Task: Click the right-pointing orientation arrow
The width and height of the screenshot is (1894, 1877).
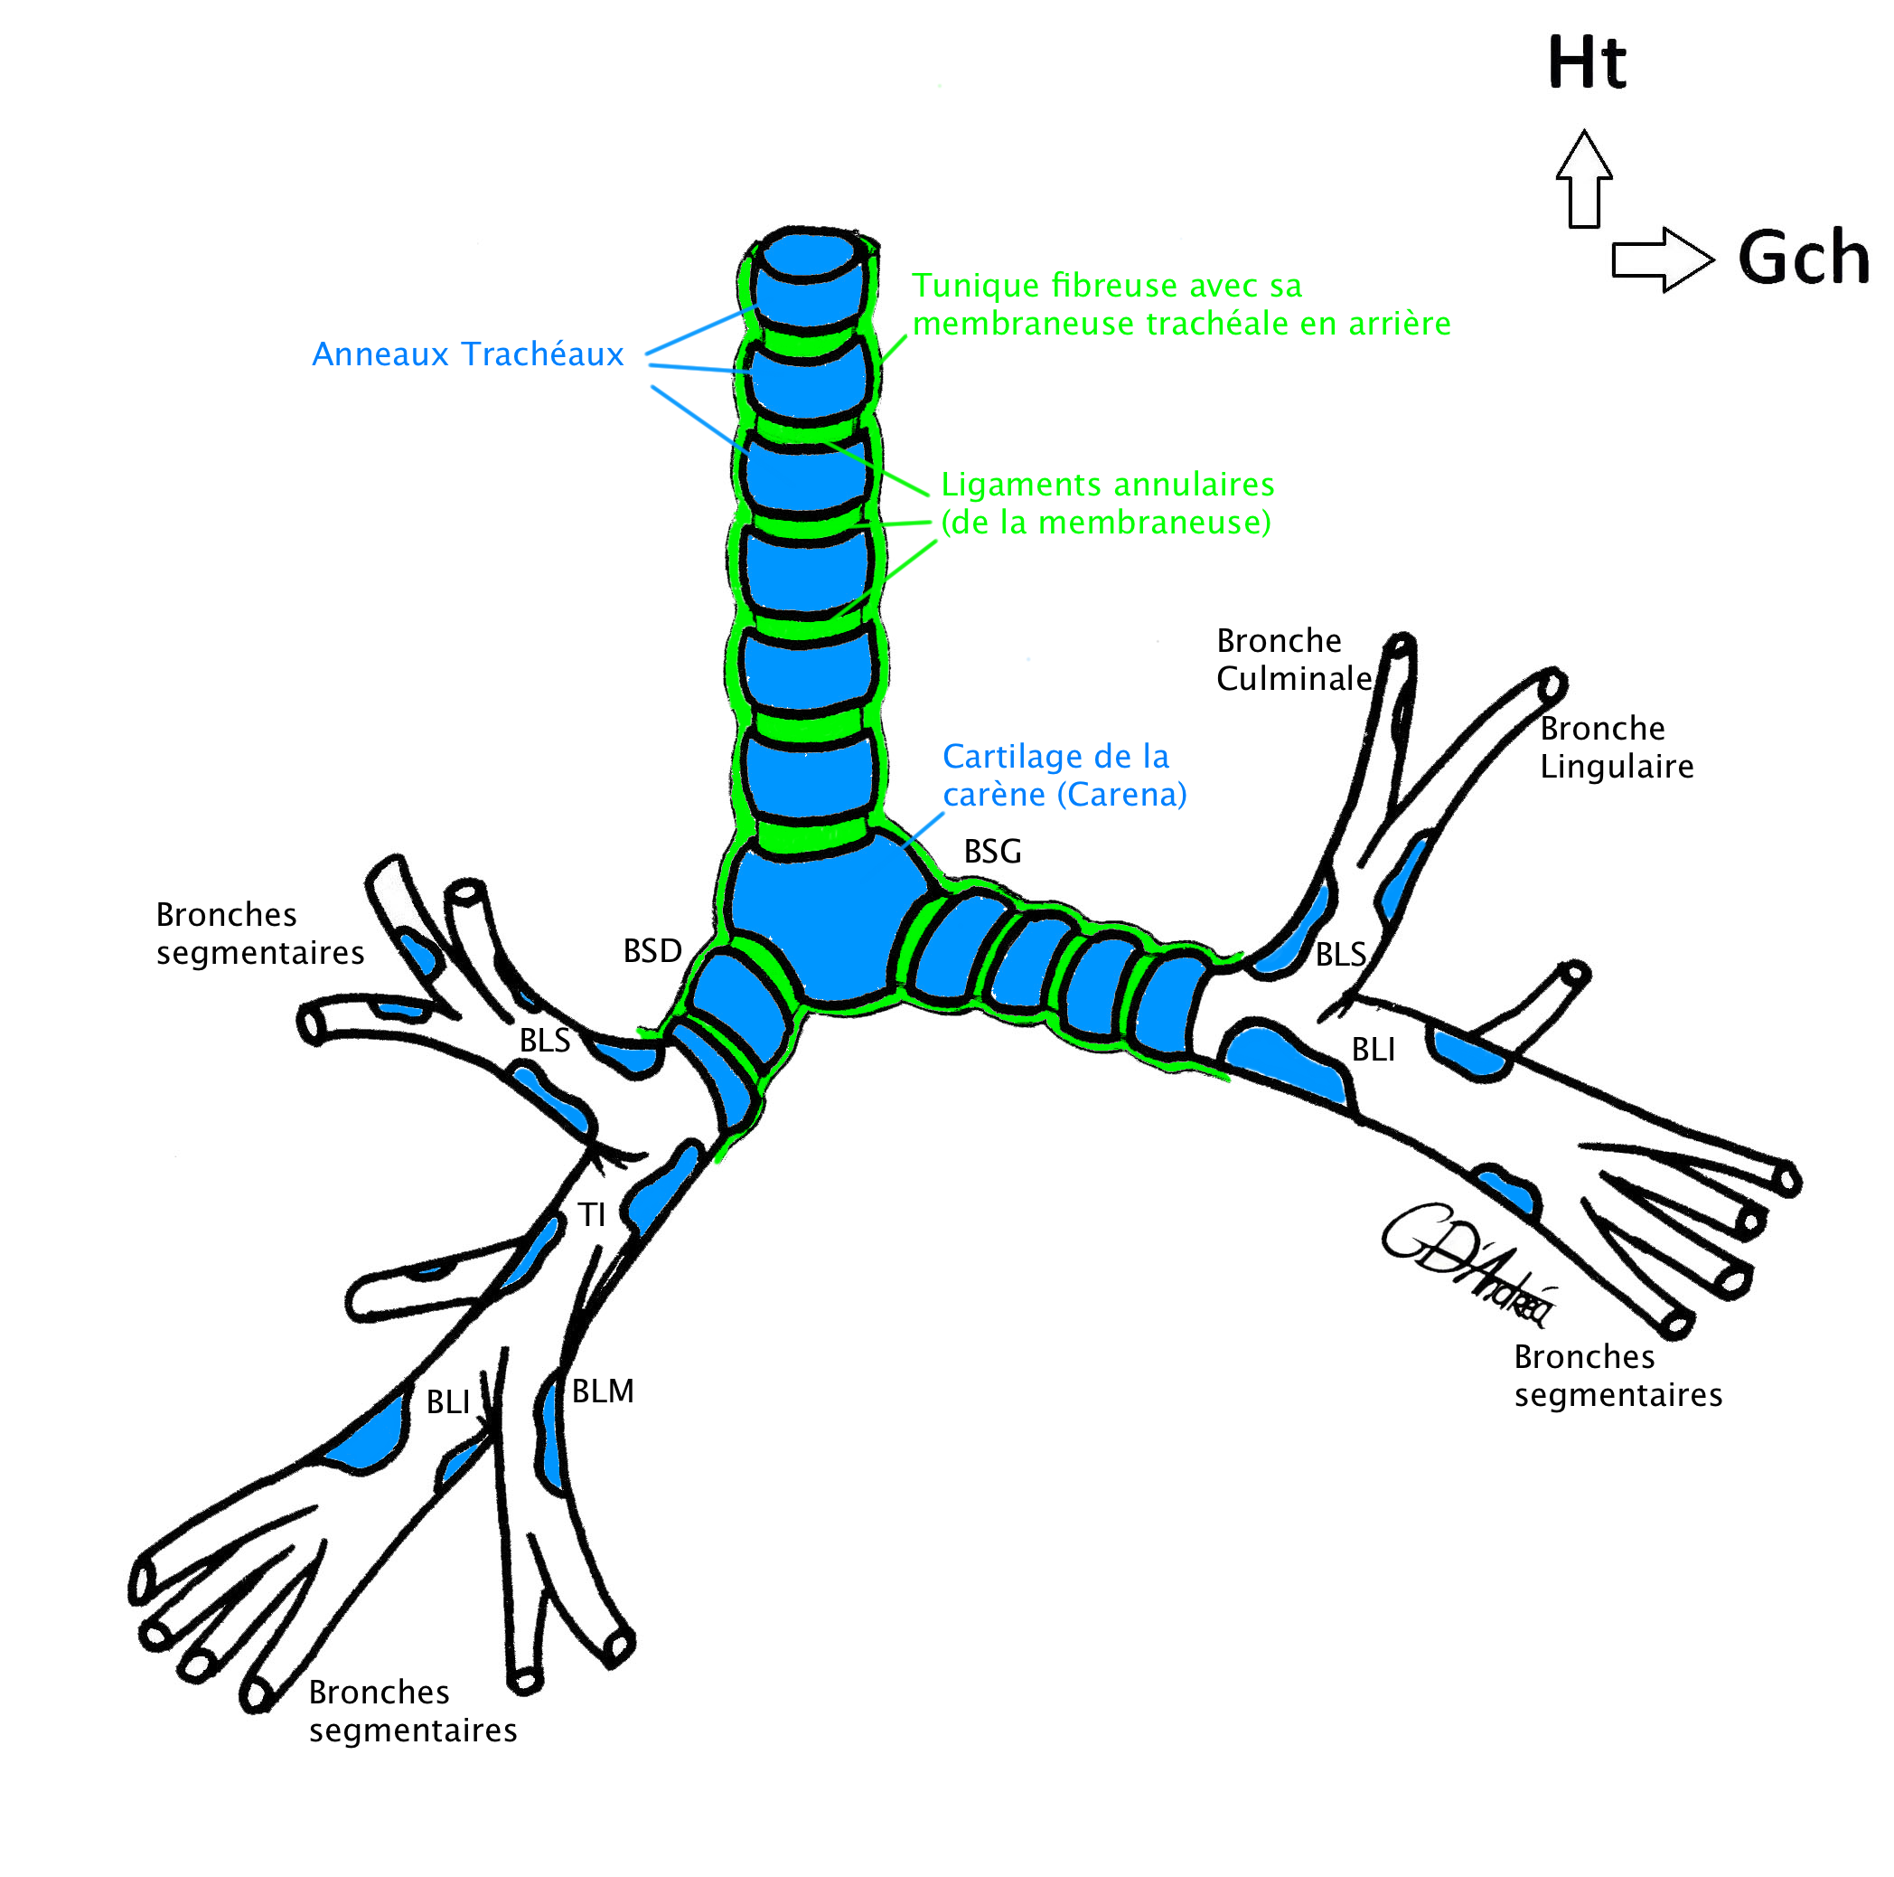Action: coord(1662,259)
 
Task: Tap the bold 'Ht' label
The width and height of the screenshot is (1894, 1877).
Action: coord(1586,62)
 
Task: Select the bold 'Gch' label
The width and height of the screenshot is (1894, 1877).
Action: coord(1803,259)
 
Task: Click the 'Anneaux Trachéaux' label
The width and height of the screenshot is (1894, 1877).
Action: coord(467,354)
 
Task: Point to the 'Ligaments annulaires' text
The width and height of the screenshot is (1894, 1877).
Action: coord(1107,485)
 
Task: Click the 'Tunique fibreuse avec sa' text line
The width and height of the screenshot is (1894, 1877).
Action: coord(1107,286)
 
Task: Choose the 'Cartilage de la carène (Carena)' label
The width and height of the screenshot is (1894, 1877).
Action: coord(1064,775)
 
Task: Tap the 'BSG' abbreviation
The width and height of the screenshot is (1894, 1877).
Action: coord(992,851)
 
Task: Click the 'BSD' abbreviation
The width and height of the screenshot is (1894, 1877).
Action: coord(652,950)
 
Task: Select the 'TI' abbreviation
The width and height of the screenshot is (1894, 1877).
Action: coord(591,1215)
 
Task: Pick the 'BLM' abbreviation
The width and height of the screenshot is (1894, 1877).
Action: coord(603,1391)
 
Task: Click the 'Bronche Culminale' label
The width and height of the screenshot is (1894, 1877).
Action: coord(1292,659)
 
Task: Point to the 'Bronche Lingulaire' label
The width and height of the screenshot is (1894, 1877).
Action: coord(1616,747)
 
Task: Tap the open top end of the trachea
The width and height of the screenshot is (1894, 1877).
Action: coord(809,257)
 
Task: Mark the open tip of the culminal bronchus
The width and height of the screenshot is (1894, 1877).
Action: coord(1402,646)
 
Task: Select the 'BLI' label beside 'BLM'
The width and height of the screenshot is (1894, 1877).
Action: coord(448,1402)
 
